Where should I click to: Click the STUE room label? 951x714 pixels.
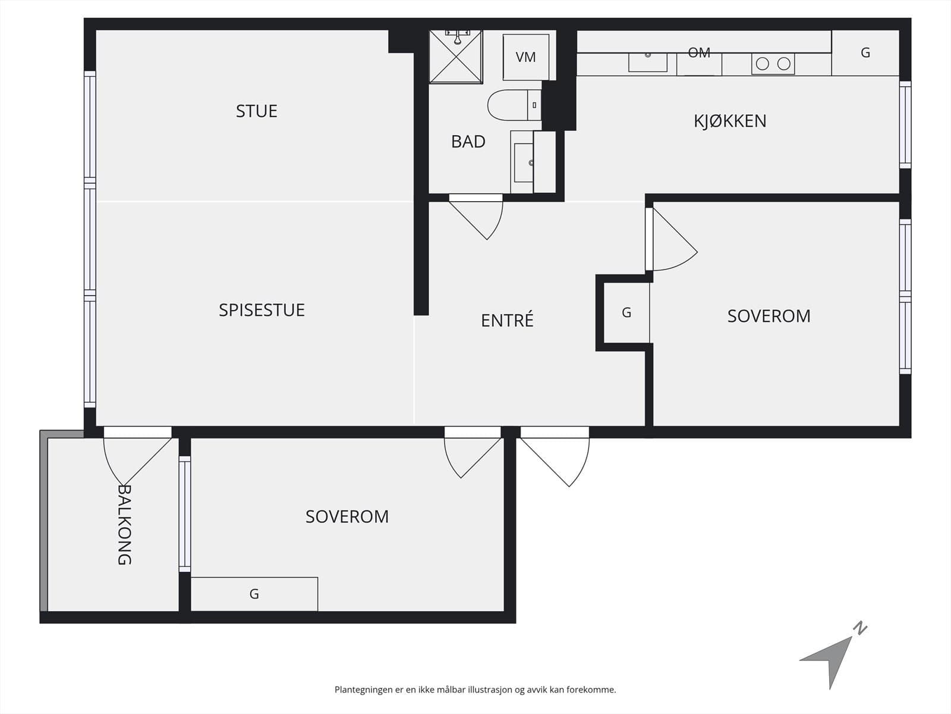(x=257, y=111)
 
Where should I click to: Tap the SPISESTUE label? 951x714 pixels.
(x=262, y=311)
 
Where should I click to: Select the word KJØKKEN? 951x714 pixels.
(x=730, y=121)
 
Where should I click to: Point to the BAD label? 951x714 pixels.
(x=468, y=142)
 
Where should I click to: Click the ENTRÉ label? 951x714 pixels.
(x=508, y=320)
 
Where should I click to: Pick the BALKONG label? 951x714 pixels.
(x=124, y=525)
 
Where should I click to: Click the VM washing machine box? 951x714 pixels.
(x=526, y=57)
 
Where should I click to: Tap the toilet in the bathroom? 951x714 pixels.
(x=514, y=105)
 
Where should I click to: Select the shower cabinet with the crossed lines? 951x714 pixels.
(x=456, y=57)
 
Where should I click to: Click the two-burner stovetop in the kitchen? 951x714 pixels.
(x=773, y=64)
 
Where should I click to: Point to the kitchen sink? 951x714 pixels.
(x=648, y=62)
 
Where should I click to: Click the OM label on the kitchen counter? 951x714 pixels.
(x=699, y=53)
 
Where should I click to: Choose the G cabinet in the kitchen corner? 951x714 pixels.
(x=865, y=53)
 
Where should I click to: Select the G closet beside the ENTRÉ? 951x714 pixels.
(x=626, y=312)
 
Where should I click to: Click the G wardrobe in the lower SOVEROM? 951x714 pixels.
(x=254, y=594)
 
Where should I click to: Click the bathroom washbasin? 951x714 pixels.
(x=524, y=162)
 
